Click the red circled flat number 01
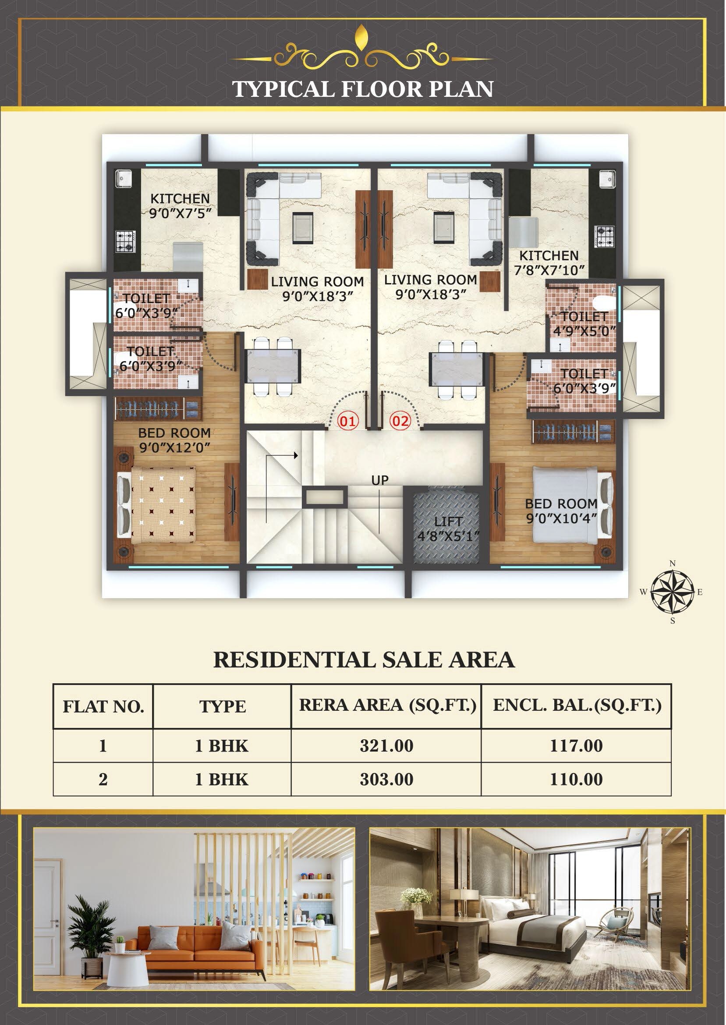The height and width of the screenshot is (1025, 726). pos(348,421)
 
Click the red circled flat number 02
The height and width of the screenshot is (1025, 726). pos(400,421)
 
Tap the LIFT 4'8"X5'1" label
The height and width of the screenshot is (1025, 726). pos(448,528)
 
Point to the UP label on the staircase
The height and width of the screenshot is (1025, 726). pos(379,480)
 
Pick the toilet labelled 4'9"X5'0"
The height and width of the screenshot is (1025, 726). pos(584,324)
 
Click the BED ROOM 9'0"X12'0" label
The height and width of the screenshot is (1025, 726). pos(174,440)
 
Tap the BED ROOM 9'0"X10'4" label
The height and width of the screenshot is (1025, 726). pos(561,511)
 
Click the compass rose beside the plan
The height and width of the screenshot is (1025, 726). pos(672,592)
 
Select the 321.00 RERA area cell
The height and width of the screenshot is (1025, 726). pos(386,745)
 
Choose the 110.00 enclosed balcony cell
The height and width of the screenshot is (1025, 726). pos(576,779)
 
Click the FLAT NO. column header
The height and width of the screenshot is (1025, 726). pos(103,707)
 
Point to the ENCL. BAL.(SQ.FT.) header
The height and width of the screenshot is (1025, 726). pos(577,705)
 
